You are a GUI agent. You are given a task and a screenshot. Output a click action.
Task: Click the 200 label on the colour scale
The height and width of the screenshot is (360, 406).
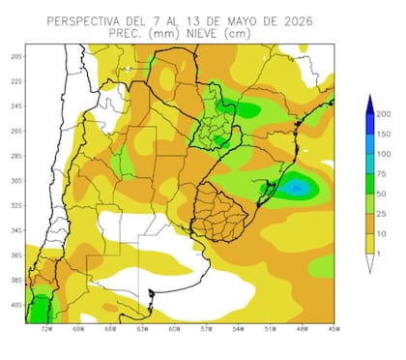pos(384,114)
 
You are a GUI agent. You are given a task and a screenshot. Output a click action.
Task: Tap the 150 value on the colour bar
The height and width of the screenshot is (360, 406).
pos(384,135)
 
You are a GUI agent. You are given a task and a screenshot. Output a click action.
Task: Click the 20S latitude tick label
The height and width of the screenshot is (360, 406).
pos(16,56)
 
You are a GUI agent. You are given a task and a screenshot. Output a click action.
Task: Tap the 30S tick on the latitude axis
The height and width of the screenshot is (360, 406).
pos(16,181)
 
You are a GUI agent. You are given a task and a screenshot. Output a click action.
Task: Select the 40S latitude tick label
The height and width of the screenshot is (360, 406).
pos(16,306)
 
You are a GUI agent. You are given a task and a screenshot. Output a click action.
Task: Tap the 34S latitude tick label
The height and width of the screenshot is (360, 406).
pos(16,231)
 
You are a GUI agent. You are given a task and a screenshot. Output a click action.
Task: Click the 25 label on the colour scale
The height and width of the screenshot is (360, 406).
pos(383,213)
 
